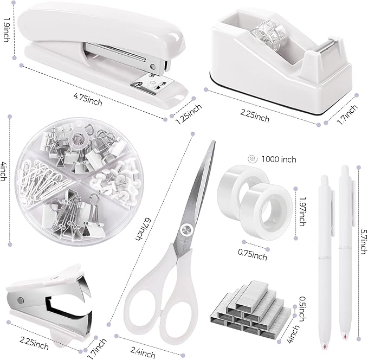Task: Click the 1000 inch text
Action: coord(279,159)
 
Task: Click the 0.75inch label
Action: coord(252,253)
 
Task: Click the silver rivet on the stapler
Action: coord(153,67)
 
